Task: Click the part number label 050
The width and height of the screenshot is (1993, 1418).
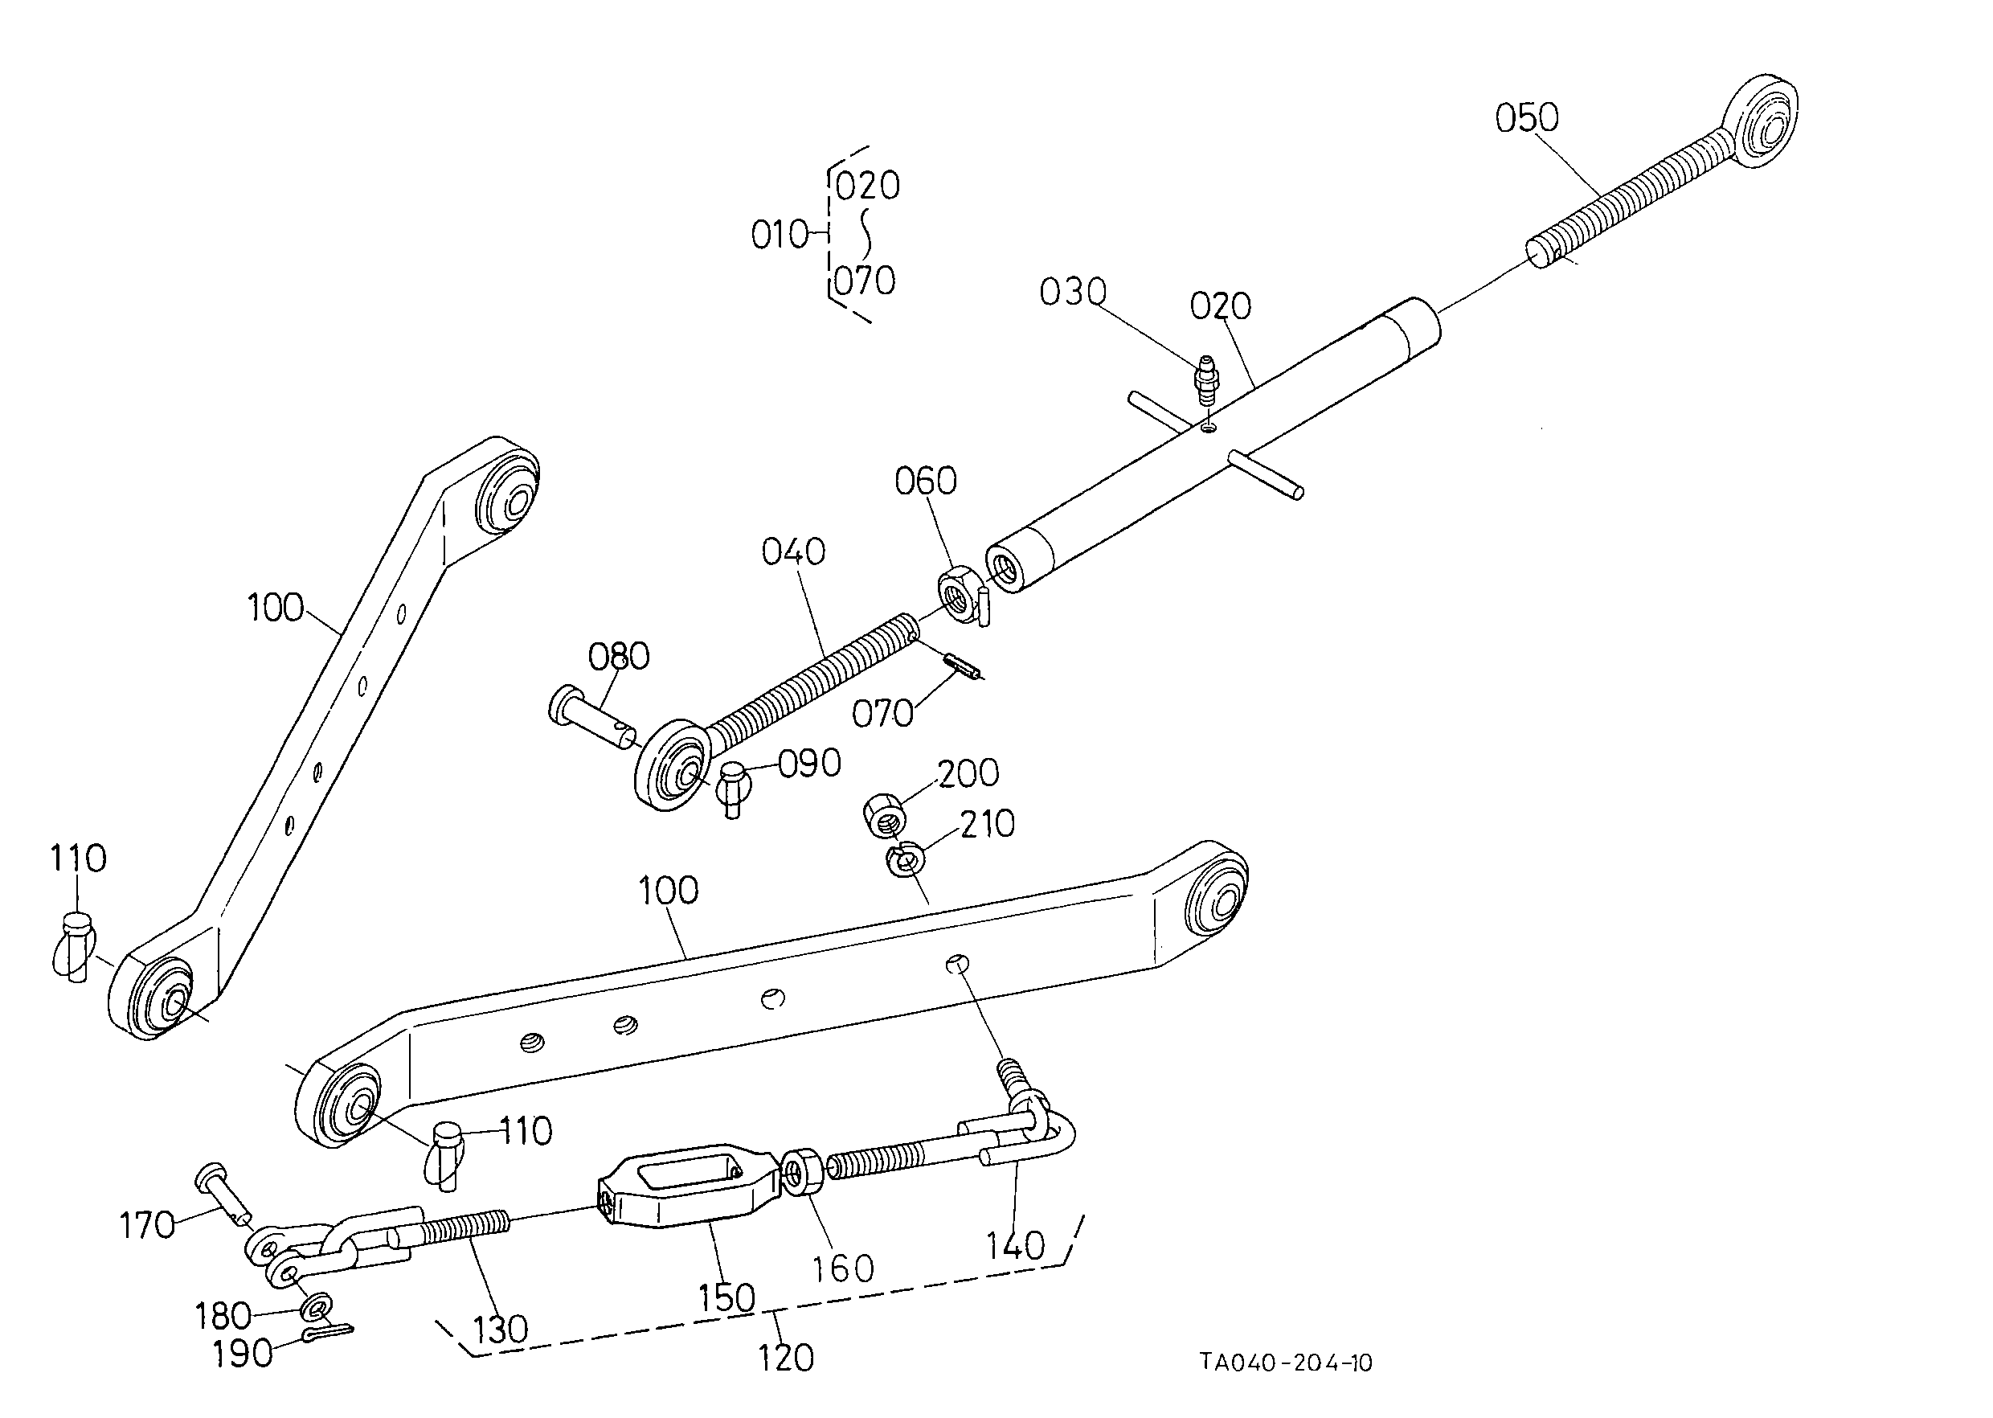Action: point(1527,118)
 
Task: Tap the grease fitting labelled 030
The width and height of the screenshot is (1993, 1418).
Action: point(1205,379)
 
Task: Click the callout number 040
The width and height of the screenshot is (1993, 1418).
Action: point(793,551)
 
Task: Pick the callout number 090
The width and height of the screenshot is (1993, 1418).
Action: point(809,763)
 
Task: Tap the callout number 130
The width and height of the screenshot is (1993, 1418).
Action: point(500,1329)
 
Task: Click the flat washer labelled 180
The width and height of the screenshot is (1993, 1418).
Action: point(315,1307)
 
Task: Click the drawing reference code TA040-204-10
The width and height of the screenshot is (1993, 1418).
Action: point(1285,1362)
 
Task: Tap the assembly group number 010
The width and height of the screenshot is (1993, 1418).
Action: point(780,235)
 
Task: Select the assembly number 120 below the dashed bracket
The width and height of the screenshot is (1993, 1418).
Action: point(786,1358)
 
